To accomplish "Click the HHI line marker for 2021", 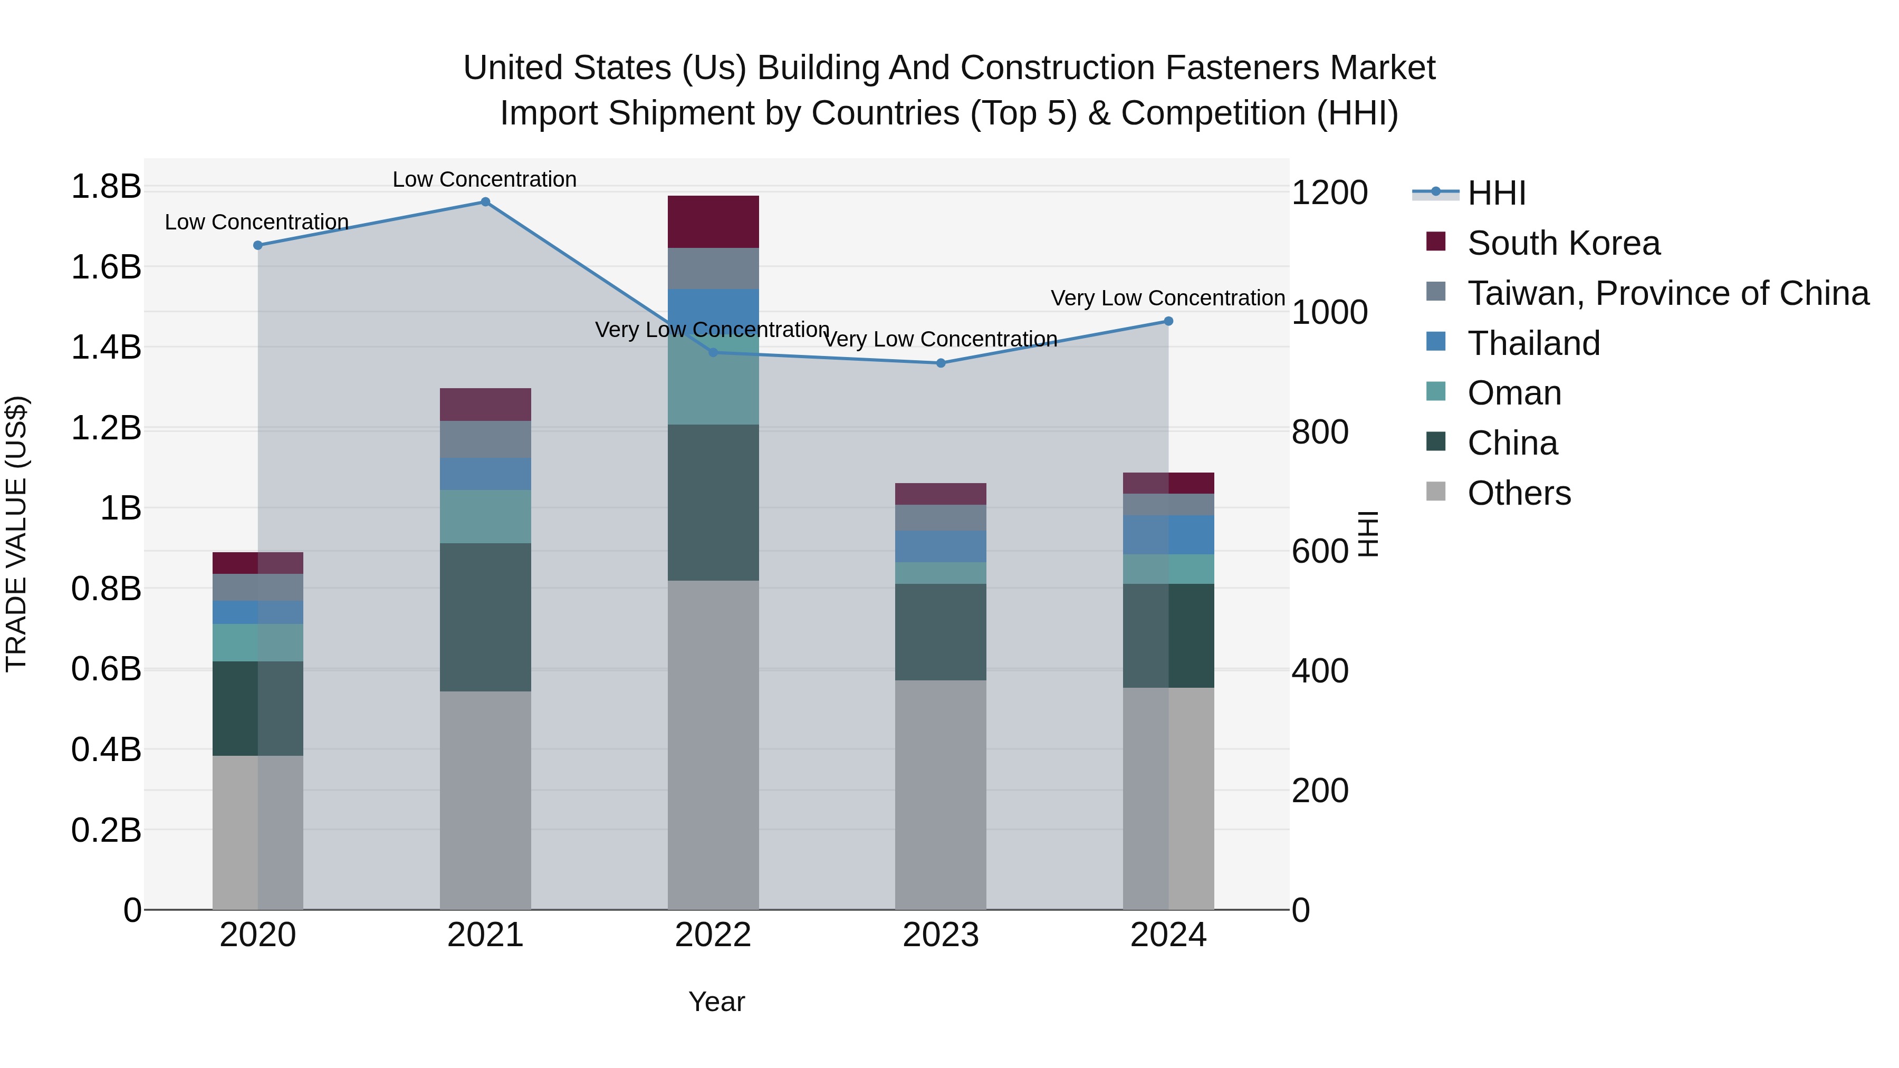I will (x=485, y=202).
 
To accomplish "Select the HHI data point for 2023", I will (x=941, y=363).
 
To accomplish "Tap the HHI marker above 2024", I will (x=1168, y=321).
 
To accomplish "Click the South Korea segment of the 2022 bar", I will (x=713, y=222).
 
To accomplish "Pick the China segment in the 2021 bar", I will (x=485, y=617).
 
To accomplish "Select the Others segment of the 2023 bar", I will (x=941, y=795).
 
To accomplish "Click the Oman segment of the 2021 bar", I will (x=485, y=517).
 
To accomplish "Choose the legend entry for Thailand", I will (x=1533, y=343).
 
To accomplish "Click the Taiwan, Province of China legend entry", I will (x=1667, y=293).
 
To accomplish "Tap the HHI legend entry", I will (x=1496, y=193).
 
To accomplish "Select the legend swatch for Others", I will (x=1436, y=492).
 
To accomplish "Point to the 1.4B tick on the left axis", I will (x=105, y=347).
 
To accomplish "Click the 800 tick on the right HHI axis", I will (x=1320, y=432).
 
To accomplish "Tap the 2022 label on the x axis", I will (x=713, y=935).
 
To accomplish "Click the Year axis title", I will (x=716, y=1002).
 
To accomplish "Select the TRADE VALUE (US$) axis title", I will (x=16, y=534).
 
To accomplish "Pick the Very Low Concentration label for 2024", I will (x=1168, y=298).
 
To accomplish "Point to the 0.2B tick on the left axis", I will (x=105, y=830).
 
